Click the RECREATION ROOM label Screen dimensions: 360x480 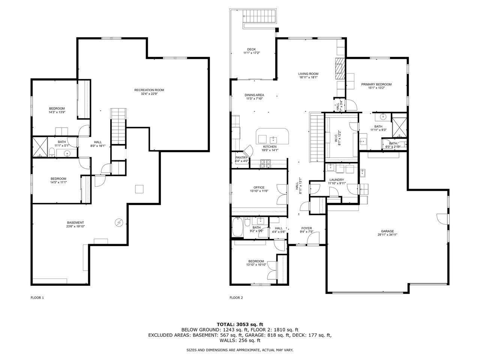click(149, 90)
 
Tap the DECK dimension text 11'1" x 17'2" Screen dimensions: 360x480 click(252, 53)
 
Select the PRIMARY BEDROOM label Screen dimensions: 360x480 click(376, 84)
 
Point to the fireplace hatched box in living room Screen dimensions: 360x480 click(339, 68)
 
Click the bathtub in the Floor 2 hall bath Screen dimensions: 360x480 click(237, 227)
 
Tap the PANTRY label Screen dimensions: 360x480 click(242, 157)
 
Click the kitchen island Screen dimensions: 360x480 click(273, 136)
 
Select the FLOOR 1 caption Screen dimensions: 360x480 click(37, 298)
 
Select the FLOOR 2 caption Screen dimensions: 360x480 click(236, 298)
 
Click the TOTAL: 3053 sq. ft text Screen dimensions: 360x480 click(240, 324)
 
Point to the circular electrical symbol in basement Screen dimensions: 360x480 click(119, 222)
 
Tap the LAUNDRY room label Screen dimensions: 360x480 click(336, 180)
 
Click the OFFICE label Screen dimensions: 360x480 click(259, 187)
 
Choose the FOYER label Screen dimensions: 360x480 click(307, 228)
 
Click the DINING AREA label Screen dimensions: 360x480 click(255, 95)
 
